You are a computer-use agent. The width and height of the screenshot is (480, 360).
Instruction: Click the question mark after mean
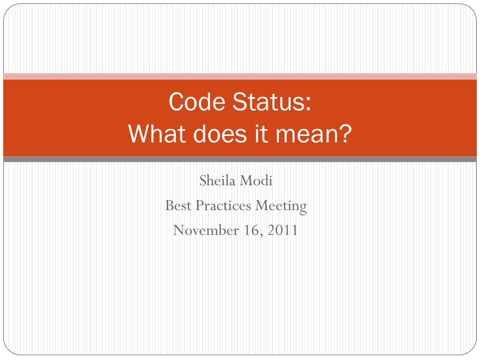point(345,135)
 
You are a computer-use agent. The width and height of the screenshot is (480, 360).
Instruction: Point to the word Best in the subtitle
point(176,205)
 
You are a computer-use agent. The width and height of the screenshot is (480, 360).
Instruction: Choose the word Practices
point(221,205)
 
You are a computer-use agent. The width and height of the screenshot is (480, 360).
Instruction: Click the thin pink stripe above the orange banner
point(240,76)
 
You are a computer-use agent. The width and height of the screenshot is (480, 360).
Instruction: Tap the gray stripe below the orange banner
point(240,159)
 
